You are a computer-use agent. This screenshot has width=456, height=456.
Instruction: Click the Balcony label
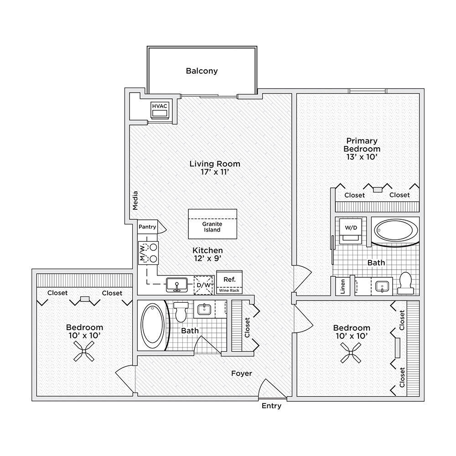click(x=202, y=71)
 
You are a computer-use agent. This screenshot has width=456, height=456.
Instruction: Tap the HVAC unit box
click(x=160, y=110)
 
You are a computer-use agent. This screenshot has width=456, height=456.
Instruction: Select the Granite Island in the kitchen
click(x=212, y=224)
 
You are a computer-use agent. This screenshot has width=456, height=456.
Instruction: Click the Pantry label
click(x=147, y=227)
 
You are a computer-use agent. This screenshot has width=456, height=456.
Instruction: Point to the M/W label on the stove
click(x=142, y=253)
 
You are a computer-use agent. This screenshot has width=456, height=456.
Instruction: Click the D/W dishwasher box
click(x=203, y=285)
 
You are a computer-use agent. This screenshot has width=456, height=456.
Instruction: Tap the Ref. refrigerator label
click(x=229, y=280)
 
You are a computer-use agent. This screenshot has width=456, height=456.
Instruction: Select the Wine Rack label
click(x=229, y=290)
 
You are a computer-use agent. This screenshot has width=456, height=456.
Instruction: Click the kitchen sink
click(x=177, y=285)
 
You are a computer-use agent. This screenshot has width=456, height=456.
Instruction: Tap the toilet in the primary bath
click(x=405, y=283)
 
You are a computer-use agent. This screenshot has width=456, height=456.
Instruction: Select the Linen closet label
click(x=342, y=286)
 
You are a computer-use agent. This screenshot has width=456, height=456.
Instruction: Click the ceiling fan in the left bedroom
click(x=84, y=351)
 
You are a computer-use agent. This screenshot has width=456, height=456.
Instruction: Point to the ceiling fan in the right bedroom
click(x=351, y=353)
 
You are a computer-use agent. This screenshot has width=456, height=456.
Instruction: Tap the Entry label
click(x=271, y=406)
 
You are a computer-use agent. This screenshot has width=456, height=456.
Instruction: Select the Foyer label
click(x=241, y=373)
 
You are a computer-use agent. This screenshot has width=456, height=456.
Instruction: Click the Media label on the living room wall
click(x=135, y=200)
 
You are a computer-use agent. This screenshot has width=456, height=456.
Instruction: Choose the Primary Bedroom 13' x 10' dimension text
click(x=362, y=157)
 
